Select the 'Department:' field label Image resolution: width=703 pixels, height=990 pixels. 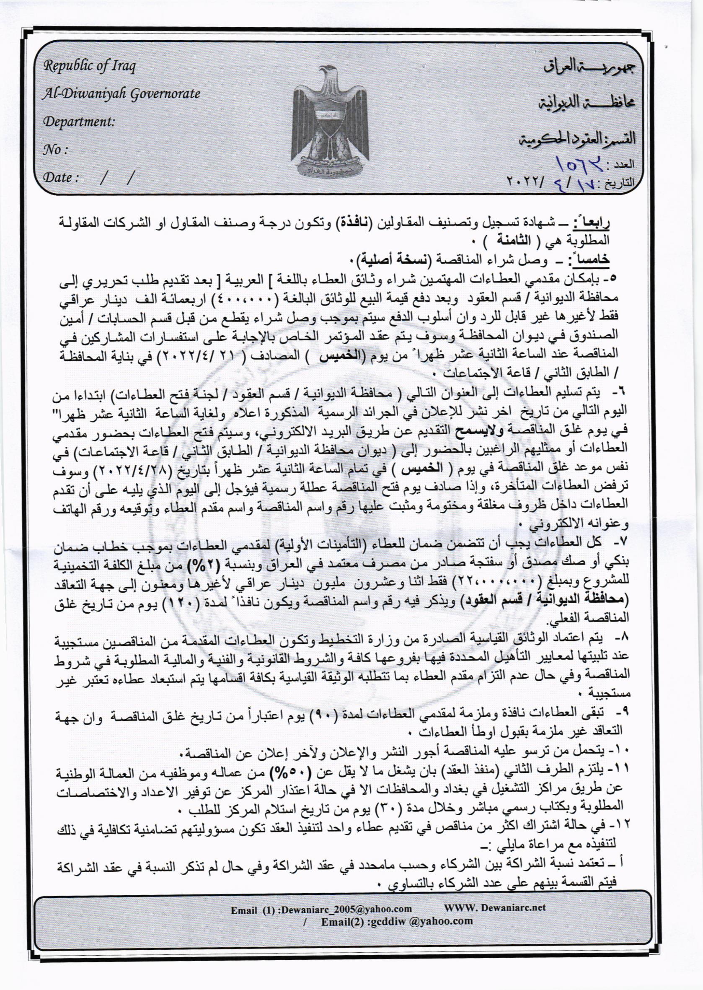(78, 122)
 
